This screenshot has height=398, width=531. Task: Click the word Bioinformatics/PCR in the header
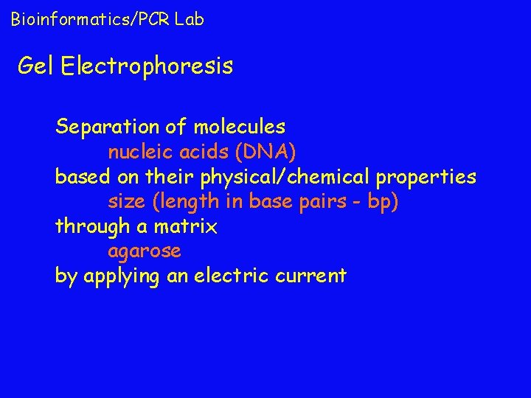click(x=91, y=19)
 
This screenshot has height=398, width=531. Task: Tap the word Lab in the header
click(x=190, y=19)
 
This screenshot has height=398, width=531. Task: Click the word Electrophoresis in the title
click(x=147, y=67)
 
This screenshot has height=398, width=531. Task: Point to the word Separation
click(x=107, y=128)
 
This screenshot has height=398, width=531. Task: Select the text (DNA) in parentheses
click(x=266, y=153)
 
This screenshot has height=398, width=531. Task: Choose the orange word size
click(x=126, y=202)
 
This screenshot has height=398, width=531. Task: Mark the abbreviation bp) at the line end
click(x=382, y=202)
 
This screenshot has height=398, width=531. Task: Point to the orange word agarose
click(x=145, y=252)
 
